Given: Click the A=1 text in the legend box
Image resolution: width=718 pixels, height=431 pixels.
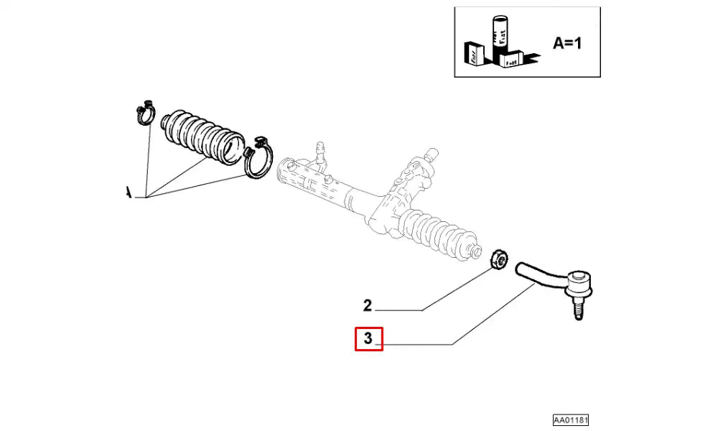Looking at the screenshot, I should tap(567, 43).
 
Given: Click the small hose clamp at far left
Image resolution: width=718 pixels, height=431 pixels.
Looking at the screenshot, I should tap(145, 111).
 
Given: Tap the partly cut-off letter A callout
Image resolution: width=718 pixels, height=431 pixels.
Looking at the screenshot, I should tap(129, 193).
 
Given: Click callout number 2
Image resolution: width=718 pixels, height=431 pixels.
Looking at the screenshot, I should tap(367, 306).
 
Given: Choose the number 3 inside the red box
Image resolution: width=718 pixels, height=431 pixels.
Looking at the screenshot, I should tap(368, 338).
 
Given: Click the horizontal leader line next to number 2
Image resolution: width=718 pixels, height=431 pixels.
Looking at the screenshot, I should tap(399, 310).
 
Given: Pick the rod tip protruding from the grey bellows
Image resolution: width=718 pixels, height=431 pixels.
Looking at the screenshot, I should tap(475, 251).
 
